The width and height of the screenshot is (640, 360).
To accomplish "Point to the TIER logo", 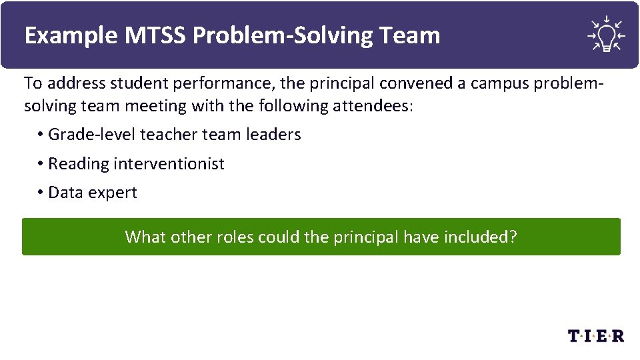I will [x=595, y=335].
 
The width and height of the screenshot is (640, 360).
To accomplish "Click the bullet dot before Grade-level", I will [x=41, y=135].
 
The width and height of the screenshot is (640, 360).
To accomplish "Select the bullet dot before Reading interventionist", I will [x=41, y=164].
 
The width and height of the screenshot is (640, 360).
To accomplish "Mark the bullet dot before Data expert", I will [x=41, y=193].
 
